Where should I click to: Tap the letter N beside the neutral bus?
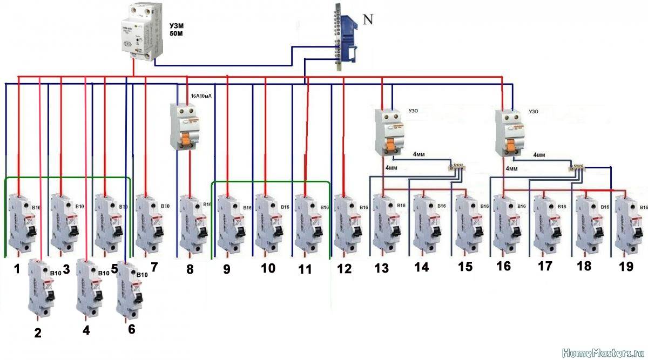pos(368,20)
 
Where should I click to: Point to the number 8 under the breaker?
pos(190,269)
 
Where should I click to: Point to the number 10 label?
pos(268,268)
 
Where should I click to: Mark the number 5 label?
pos(115,268)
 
